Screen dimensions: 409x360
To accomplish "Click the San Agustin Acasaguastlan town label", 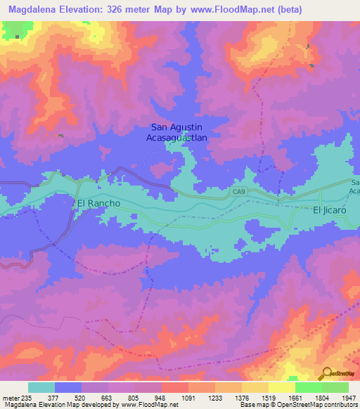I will click(179, 133).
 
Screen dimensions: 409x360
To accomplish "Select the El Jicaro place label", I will click(330, 209).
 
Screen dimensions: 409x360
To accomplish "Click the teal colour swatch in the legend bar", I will click(41, 387).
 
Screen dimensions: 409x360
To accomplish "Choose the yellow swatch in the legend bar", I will click(281, 387).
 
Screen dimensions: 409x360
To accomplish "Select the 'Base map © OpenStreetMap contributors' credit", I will click(296, 405).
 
